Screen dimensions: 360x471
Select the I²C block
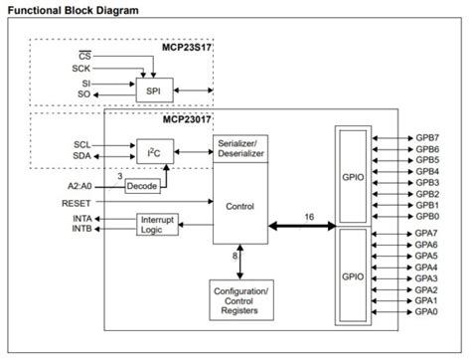pos(154,151)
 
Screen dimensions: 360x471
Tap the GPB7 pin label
pos(427,136)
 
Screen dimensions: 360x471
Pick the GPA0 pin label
pos(427,311)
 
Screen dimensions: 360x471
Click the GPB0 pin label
pos(427,216)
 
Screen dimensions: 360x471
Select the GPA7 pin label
pos(427,233)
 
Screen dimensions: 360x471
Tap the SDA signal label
pos(81,156)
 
